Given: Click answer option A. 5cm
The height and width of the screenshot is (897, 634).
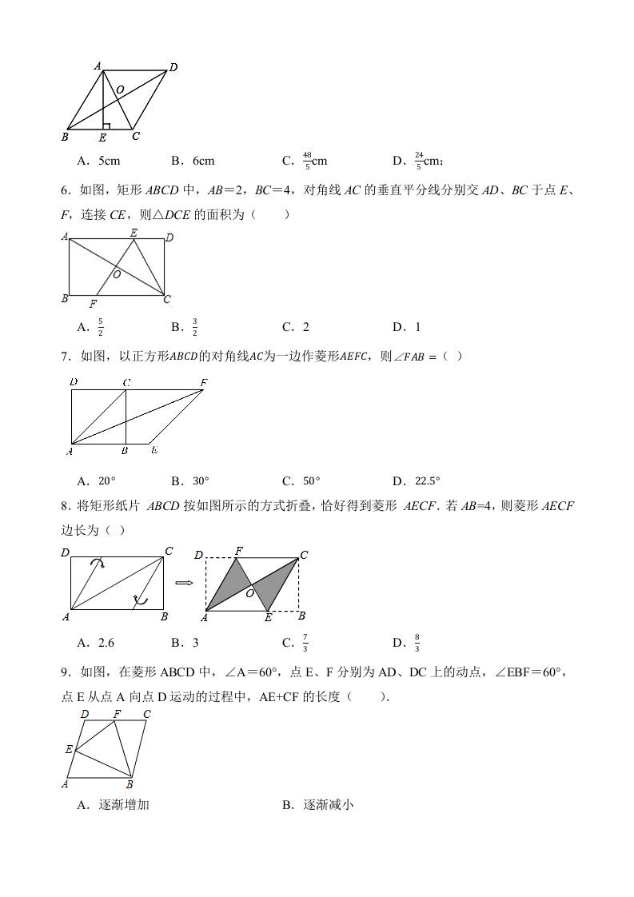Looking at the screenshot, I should point(98,161).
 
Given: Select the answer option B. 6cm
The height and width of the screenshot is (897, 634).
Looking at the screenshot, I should point(193,161).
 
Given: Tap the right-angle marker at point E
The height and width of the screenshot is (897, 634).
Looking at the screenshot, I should point(106,126).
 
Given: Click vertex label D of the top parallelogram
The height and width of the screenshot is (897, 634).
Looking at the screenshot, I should point(173,67).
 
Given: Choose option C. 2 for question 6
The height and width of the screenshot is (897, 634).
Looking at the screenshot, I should point(295,326).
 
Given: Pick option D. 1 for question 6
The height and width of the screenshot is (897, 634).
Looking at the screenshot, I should point(406,326).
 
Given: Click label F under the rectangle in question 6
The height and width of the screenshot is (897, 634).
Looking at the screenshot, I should point(93,304).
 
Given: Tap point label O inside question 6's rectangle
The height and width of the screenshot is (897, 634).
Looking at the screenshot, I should point(117,274).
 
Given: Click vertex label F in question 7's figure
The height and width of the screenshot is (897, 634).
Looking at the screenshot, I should point(203,383).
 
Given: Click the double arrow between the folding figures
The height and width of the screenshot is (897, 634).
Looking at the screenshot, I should point(184,582).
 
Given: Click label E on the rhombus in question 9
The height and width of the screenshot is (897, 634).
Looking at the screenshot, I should point(70,749).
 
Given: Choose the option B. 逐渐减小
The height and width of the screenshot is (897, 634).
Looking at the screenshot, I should point(317,805).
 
